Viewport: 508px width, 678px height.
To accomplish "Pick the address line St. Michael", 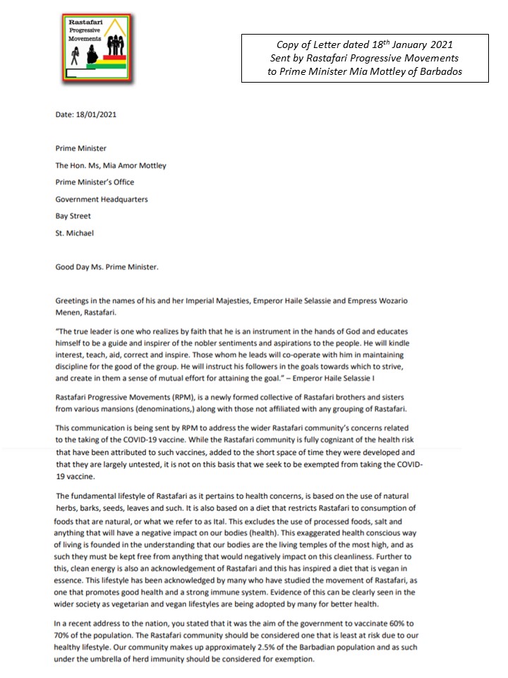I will click(x=75, y=234).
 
